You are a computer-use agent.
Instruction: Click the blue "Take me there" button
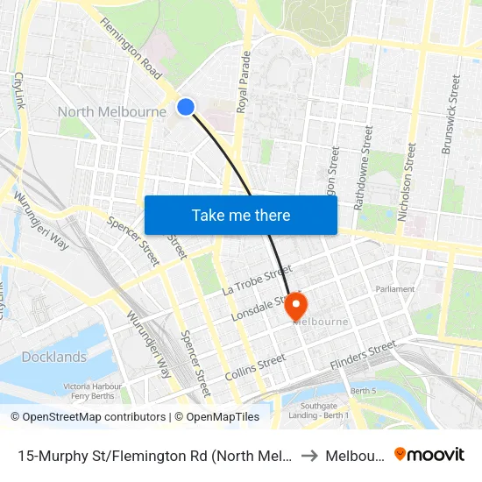[x=241, y=215]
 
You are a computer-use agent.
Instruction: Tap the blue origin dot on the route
[x=186, y=106]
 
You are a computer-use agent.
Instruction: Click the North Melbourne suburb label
[x=112, y=111]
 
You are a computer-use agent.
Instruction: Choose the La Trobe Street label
[x=255, y=279]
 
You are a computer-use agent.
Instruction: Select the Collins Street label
[x=255, y=366]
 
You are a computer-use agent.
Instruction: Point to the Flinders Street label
[x=364, y=355]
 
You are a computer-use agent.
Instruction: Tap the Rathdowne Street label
[x=362, y=167]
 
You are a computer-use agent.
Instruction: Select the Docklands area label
[x=54, y=357]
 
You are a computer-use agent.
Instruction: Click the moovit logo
[x=429, y=455]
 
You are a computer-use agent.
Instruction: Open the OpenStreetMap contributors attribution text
[x=88, y=417]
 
